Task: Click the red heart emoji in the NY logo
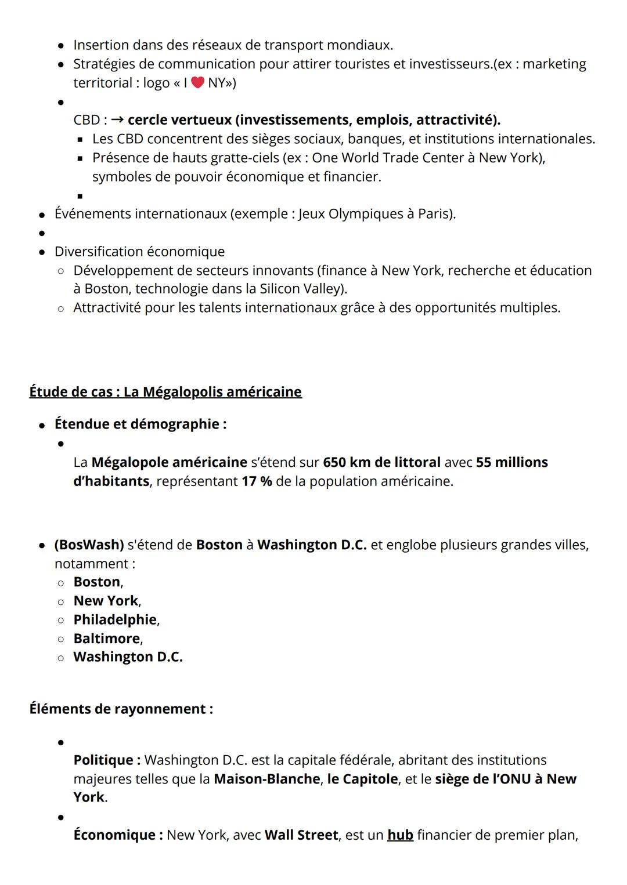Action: coord(197,83)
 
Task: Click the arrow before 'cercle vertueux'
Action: coord(117,120)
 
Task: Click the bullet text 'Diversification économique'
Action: coord(139,252)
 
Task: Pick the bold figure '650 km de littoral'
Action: coord(381,462)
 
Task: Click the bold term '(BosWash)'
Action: coord(89,545)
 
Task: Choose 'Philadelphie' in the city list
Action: coord(115,619)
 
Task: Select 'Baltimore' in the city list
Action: coord(107,639)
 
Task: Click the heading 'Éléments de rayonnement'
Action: coord(121,709)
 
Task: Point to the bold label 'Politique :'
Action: coord(107,760)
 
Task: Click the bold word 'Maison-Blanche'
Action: coord(267,779)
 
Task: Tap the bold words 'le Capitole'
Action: coord(362,779)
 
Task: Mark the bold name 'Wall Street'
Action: coord(301,835)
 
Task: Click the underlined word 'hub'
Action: coord(400,835)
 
